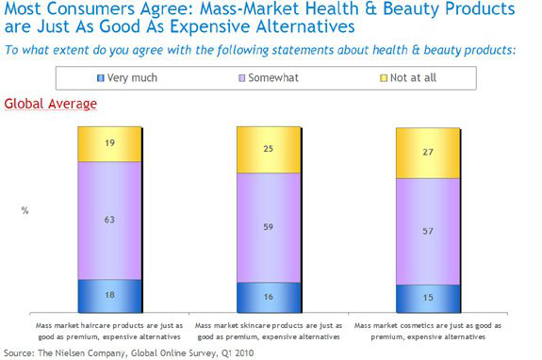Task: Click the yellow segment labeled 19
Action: (x=109, y=144)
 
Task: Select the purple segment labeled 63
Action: (x=109, y=221)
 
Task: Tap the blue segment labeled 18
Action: (x=109, y=296)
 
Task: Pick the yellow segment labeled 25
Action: (x=269, y=150)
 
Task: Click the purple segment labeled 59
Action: (x=269, y=228)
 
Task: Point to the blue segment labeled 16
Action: (x=269, y=298)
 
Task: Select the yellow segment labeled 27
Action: (x=428, y=153)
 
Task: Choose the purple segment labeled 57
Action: (x=428, y=232)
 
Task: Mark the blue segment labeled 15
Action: (x=428, y=299)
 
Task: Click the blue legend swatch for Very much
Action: (x=101, y=78)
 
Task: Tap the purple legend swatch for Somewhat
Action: (x=242, y=78)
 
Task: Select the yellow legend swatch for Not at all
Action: (x=384, y=78)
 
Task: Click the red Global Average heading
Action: (x=51, y=104)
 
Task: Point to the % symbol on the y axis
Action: (x=25, y=210)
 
